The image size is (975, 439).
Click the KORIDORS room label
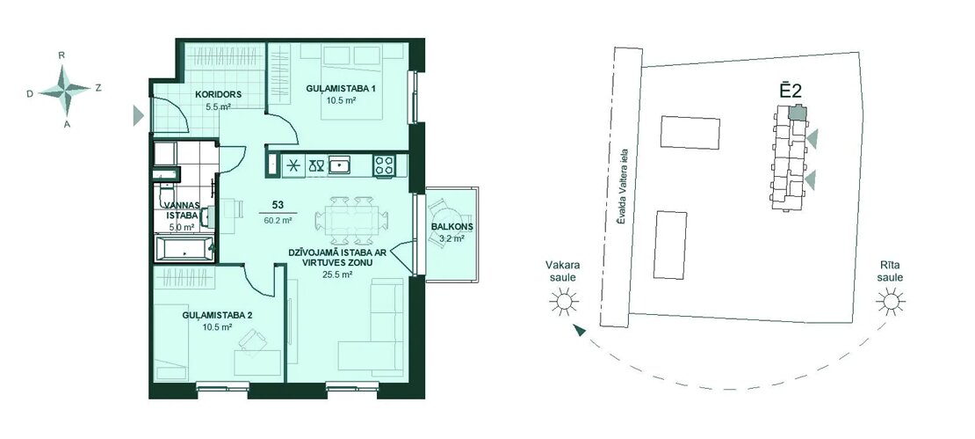218,95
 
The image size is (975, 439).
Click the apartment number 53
278,205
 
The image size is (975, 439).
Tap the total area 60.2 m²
278,220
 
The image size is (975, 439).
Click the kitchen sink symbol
339,165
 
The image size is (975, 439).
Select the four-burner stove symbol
384,165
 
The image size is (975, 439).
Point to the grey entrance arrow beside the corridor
138,115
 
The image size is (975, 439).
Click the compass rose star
65,91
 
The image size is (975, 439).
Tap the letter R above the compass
61,55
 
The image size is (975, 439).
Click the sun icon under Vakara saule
563,303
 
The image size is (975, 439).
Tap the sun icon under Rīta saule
891,302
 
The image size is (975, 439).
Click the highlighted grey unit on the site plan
797,113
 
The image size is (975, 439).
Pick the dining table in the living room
351,220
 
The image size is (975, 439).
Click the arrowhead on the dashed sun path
580,331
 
